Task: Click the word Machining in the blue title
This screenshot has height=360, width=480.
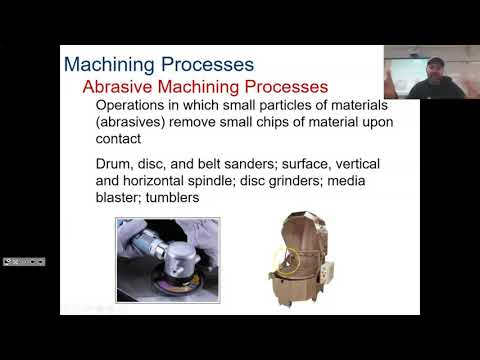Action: pos(106,64)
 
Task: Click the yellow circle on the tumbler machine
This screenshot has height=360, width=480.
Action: pos(286,262)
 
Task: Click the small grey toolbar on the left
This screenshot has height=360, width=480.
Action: pos(23,262)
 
